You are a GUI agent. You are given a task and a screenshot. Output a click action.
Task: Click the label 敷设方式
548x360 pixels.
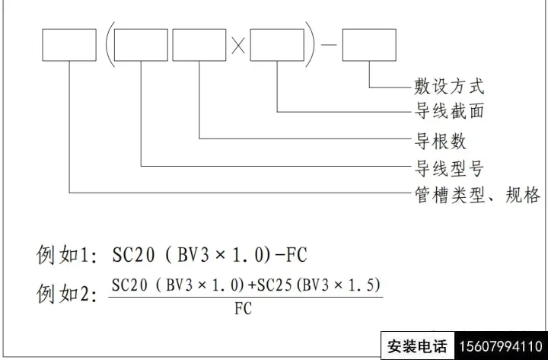449,86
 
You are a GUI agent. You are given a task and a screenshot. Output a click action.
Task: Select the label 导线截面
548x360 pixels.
449,111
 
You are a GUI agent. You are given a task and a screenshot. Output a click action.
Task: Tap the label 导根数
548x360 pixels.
441,142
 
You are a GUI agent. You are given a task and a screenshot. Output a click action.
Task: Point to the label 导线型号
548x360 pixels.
449,168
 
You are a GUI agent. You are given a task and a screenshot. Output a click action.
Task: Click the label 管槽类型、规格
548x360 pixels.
477,195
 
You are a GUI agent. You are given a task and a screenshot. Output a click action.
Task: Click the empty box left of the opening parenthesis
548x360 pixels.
69,45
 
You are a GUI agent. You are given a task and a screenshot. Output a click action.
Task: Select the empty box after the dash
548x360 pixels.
369,45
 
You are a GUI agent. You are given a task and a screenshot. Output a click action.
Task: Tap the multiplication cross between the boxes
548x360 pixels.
238,46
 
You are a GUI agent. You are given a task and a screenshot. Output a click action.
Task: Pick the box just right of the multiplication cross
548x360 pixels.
277,45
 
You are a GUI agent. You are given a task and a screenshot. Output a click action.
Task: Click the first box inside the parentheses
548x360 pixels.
142,45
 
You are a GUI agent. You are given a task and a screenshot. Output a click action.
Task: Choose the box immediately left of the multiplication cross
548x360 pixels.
199,45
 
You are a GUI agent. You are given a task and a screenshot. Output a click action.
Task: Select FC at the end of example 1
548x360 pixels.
296,255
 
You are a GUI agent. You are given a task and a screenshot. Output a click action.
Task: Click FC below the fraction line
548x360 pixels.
243,308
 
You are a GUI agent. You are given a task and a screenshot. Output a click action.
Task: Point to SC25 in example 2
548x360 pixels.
274,285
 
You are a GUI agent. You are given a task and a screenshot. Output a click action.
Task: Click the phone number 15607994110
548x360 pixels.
501,346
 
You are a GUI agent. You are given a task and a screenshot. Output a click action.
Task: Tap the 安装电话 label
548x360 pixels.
417,346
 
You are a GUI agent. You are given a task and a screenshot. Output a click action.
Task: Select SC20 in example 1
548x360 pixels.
133,255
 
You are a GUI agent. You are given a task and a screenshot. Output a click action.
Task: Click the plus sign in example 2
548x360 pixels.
252,286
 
